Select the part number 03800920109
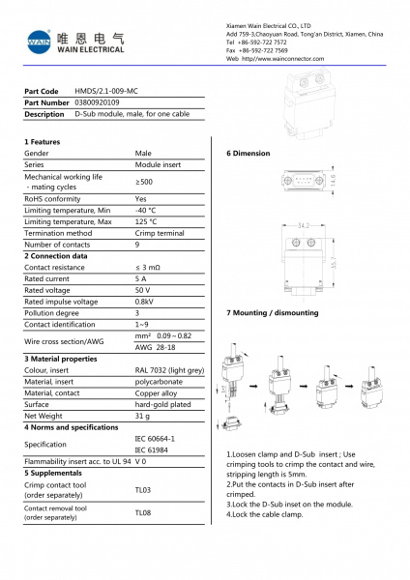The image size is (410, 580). pos(98,101)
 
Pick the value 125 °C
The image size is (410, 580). pos(146,221)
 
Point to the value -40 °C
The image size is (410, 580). pos(146,210)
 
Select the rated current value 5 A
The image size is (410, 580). pos(141,277)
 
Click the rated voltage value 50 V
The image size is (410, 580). pos(143,289)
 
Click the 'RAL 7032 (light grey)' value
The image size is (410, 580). pos(169,369)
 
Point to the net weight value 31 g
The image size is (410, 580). pos(143,415)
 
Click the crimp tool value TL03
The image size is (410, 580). pos(143,490)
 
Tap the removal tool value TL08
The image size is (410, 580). pos(143,512)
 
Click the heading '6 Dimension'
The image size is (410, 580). pos(249,154)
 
